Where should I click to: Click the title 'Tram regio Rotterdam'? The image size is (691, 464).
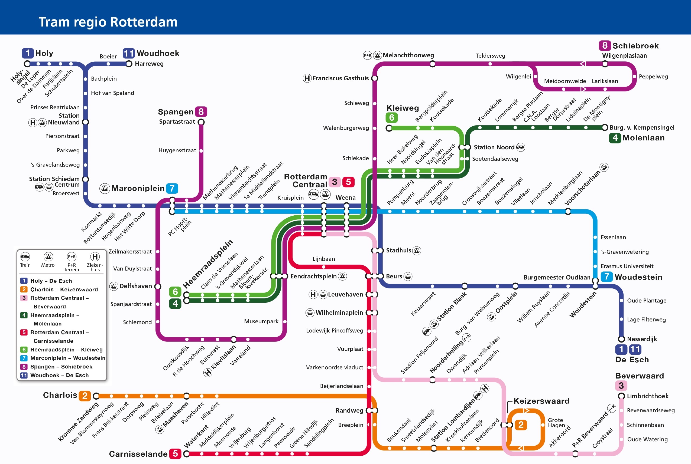coord(108,22)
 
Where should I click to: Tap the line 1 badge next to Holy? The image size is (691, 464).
coord(27,53)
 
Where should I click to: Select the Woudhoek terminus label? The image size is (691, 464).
coord(158,53)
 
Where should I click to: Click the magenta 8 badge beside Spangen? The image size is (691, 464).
coord(201,112)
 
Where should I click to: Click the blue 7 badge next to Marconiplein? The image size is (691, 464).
coord(172,189)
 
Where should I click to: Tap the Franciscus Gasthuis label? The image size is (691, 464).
coord(340,78)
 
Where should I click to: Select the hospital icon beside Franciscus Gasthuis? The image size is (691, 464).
coord(307,78)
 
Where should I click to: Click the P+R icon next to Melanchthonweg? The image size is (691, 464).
coord(367,55)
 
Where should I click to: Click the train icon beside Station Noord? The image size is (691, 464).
coord(520,147)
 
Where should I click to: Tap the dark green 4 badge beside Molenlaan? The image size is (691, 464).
coord(615,138)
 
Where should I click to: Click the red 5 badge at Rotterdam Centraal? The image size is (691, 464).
coord(348,182)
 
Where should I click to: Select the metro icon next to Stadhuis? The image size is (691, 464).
coord(416,251)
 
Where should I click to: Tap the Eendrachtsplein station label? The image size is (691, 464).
coord(313,277)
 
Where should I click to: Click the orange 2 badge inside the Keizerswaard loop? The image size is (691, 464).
coord(521,425)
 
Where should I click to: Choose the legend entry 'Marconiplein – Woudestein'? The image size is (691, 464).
coord(67,358)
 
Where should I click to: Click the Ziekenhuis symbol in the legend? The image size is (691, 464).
coord(95,257)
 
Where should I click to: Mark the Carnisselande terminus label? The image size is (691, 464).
coord(138,454)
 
